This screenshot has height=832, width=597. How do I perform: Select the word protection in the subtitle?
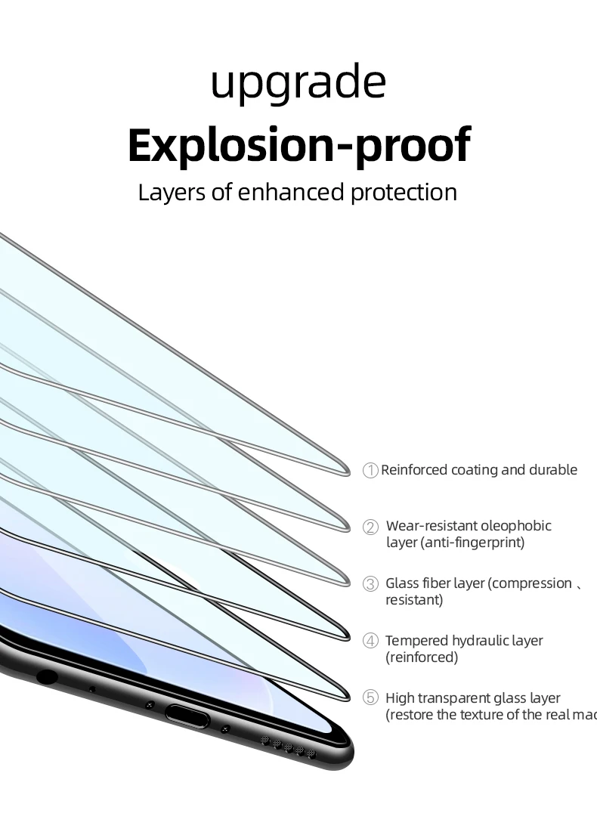point(404,192)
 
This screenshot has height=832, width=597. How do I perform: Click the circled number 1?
point(370,471)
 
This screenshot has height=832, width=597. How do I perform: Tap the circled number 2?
point(370,527)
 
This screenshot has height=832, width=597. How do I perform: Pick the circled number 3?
point(370,583)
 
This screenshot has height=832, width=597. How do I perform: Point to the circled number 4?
point(370,641)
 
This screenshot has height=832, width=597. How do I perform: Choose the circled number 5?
point(370,698)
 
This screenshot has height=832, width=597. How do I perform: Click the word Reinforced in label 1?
point(414,470)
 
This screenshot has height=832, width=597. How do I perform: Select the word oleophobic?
point(516,526)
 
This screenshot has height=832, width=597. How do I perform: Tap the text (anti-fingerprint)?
point(455,543)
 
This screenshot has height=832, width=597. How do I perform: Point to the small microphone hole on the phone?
point(92,689)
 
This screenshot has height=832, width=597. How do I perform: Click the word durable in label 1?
point(552,470)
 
